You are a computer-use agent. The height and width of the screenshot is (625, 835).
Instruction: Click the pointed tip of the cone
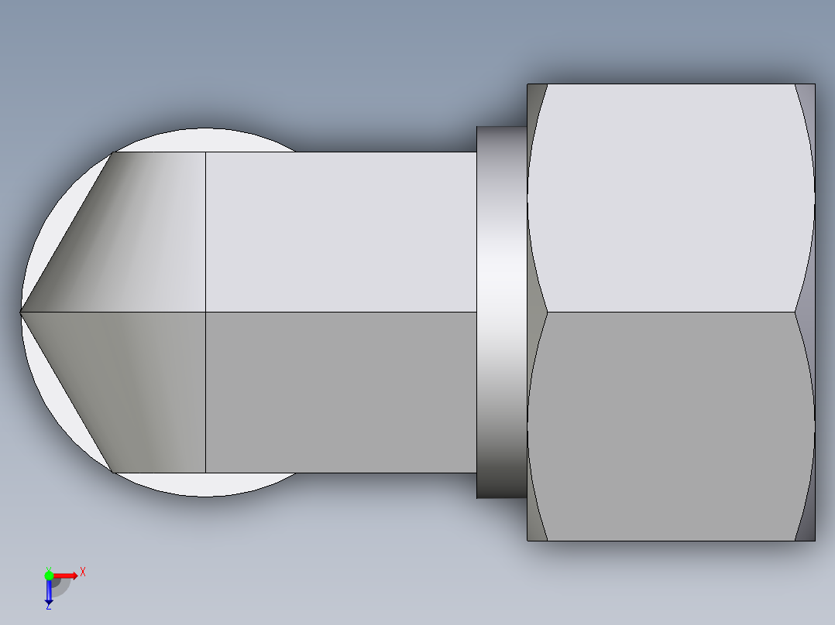(x=22, y=312)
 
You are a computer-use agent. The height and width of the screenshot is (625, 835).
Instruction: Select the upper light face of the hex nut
(x=670, y=197)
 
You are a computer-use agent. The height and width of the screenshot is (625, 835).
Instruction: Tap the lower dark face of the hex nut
(x=670, y=425)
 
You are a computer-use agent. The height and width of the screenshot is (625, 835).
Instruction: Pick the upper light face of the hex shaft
(x=341, y=232)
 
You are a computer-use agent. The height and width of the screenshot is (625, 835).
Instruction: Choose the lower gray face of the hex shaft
(x=341, y=392)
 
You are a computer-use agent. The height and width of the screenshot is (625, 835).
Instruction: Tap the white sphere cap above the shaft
(x=205, y=140)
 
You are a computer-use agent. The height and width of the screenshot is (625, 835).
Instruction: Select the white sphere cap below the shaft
(x=205, y=484)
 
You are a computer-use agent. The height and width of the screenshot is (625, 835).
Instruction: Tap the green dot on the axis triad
(x=49, y=575)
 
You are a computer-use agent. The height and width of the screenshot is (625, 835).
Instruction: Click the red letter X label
(x=83, y=572)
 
